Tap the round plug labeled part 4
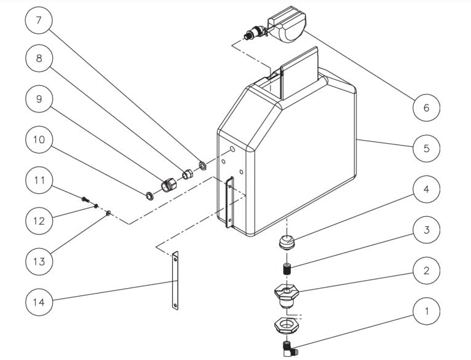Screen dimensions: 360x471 click(286, 241)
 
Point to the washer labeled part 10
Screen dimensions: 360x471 click(149, 195)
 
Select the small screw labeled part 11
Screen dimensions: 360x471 click(85, 198)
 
